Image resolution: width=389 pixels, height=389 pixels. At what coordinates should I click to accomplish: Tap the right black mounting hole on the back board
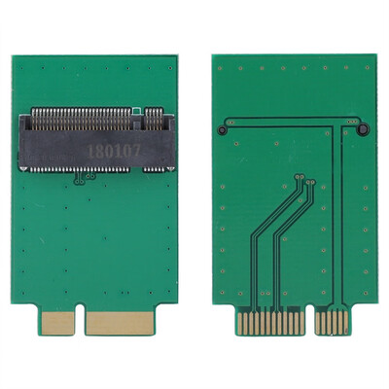[x=361, y=129]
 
